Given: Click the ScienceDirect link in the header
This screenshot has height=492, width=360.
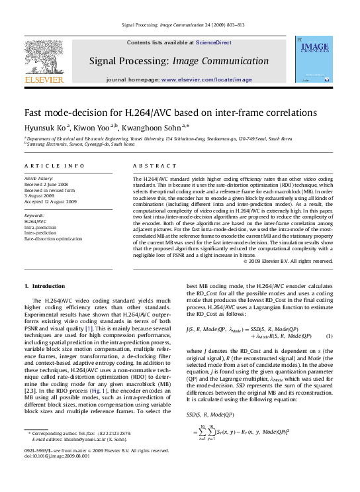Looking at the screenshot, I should click(x=214, y=42).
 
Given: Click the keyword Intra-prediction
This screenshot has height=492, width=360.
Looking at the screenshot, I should click(x=40, y=227).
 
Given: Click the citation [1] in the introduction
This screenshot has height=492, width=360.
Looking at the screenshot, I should click(x=88, y=328).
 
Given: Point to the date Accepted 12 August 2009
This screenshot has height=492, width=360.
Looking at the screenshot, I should click(x=50, y=201).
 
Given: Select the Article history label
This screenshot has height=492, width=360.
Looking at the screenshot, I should click(x=38, y=179).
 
